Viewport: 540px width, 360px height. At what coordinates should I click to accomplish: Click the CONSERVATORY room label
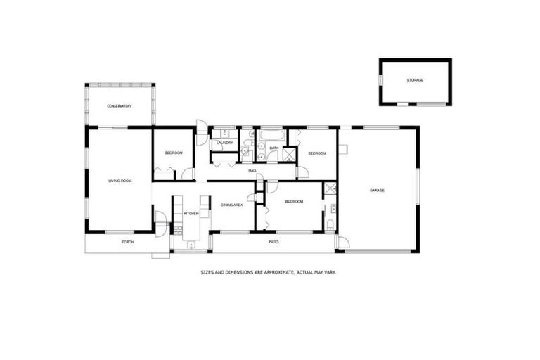(x=120, y=106)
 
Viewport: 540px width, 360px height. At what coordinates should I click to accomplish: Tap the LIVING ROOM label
(x=120, y=181)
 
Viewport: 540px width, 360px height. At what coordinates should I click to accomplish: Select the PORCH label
(x=127, y=242)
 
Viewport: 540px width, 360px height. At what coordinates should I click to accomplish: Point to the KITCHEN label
(x=191, y=213)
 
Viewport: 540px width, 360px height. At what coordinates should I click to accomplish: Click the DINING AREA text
(x=232, y=205)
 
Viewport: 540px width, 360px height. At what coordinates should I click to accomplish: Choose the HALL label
(x=252, y=170)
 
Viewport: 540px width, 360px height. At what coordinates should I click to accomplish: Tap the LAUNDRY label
(x=224, y=143)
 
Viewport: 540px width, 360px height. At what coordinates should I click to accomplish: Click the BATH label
(x=274, y=148)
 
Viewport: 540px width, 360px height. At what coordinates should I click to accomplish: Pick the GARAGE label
(x=378, y=190)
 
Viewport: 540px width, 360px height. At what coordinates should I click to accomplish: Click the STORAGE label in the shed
(x=415, y=80)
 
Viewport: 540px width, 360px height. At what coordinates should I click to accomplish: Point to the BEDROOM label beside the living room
(x=174, y=153)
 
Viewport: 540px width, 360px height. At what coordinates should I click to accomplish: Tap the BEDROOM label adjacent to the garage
(x=317, y=153)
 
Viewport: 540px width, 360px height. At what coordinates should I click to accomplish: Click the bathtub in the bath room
(x=271, y=134)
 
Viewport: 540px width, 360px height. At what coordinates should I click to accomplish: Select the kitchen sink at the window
(x=191, y=244)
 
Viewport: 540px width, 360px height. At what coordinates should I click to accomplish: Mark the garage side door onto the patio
(x=342, y=243)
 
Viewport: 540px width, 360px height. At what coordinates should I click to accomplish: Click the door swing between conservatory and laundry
(x=201, y=129)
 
